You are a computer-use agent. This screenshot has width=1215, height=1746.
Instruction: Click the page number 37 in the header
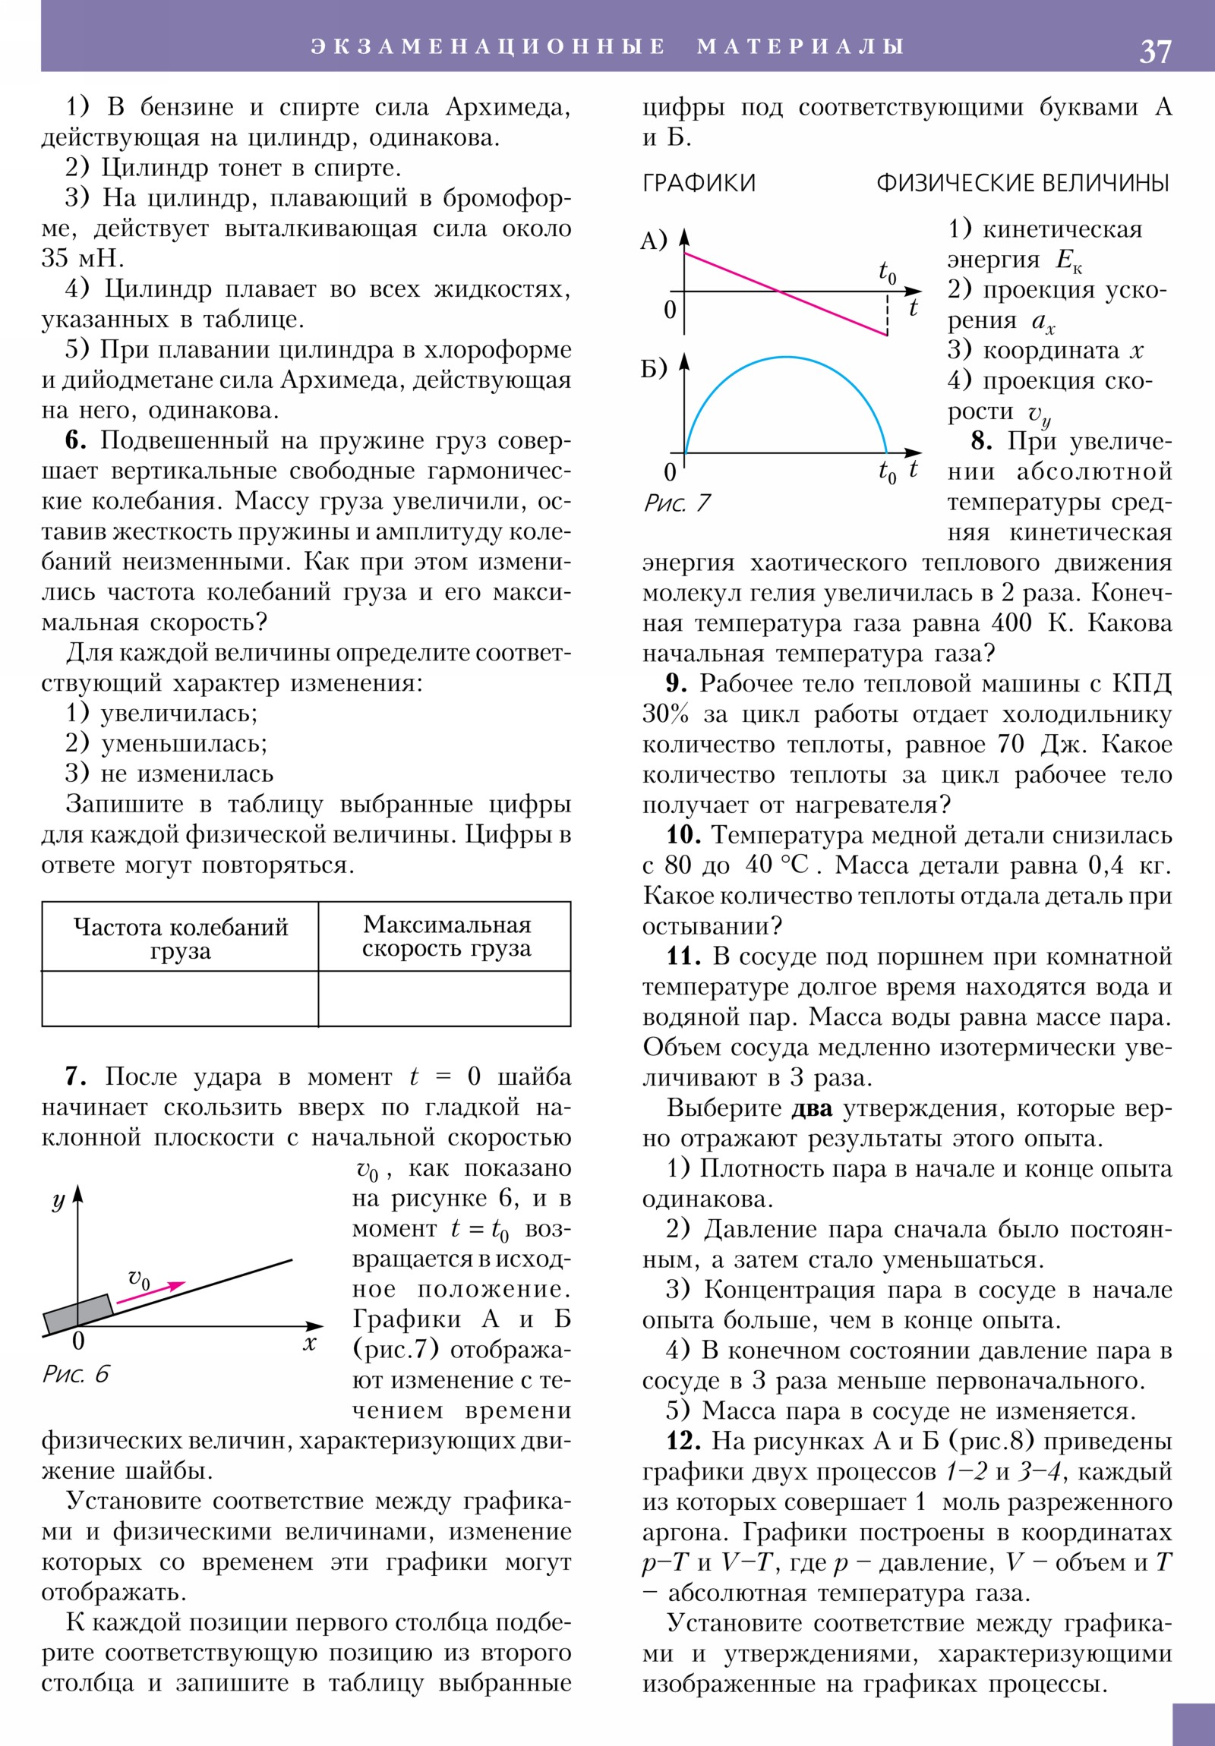tap(1155, 52)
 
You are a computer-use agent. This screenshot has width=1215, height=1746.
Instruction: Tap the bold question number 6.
tap(75, 440)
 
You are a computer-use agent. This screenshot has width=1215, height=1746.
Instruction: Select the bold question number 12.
tap(683, 1441)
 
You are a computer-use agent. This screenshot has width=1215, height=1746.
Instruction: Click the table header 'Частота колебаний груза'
tap(180, 938)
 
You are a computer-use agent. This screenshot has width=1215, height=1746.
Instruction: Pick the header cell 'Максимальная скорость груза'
tap(447, 936)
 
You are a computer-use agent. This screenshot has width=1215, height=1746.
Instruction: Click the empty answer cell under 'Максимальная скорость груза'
tap(444, 998)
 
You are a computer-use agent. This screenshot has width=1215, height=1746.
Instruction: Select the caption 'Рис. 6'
tap(75, 1373)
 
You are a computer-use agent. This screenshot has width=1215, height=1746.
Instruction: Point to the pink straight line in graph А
tap(784, 293)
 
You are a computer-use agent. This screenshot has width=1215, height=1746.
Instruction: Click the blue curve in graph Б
tap(785, 358)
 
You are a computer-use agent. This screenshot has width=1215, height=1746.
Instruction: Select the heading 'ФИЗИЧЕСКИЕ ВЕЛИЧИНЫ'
tap(1023, 183)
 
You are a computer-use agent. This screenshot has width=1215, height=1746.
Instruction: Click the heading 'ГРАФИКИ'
tap(699, 183)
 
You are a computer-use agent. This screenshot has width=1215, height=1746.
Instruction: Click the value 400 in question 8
tap(1011, 622)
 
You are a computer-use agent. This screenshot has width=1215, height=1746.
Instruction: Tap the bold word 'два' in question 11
tap(811, 1108)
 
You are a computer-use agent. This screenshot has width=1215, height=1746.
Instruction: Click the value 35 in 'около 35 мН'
tap(55, 259)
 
